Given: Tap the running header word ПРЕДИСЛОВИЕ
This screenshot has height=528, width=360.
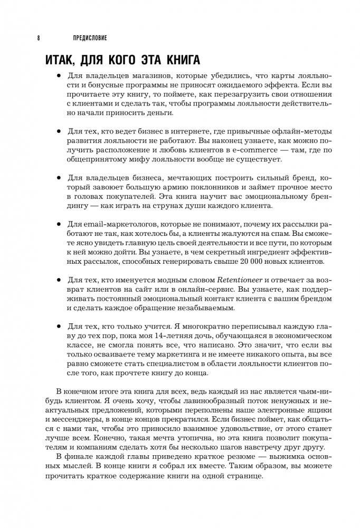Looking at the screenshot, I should tap(90, 37).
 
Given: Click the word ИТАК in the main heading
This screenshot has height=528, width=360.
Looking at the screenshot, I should tap(67, 60).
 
